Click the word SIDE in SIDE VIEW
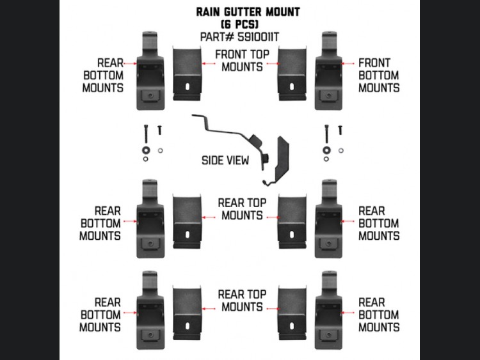pos(215,160)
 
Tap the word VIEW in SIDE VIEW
pos(238,160)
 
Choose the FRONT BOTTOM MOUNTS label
pos(378,75)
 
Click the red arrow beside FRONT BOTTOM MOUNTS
pos(349,64)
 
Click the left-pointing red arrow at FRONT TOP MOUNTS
pos(207,64)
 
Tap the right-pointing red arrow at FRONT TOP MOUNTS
pos(272,64)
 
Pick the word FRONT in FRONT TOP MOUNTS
pos(232,54)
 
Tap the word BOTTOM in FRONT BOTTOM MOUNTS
pos(378,75)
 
